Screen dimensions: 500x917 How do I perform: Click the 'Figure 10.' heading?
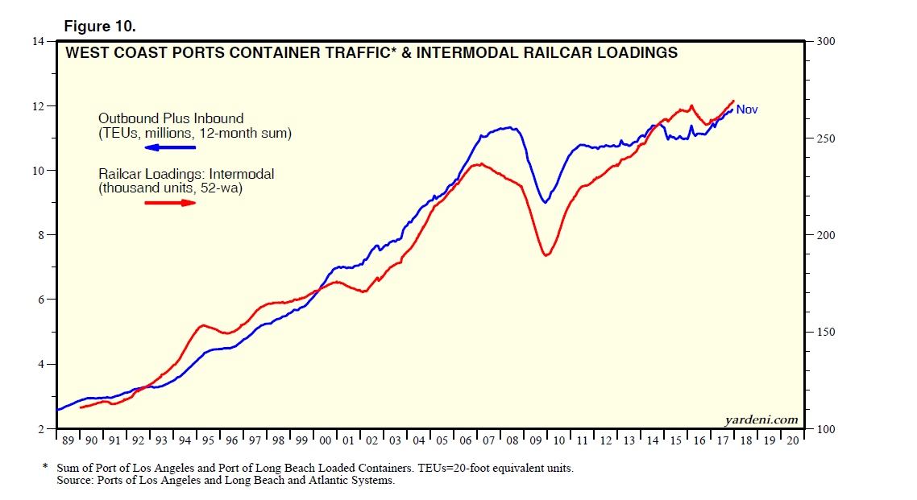click(100, 26)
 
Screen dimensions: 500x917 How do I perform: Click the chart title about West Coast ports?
click(371, 54)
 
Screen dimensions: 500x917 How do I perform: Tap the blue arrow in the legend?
click(170, 147)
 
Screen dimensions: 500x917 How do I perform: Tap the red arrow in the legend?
click(170, 203)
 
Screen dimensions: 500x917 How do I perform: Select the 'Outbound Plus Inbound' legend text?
click(171, 118)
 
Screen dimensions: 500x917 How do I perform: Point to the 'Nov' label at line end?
click(747, 110)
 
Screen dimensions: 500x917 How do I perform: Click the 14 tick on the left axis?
click(38, 41)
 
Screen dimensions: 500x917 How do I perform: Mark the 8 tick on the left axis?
click(41, 235)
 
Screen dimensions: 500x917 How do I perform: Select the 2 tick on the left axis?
click(41, 429)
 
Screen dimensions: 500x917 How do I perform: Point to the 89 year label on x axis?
click(68, 442)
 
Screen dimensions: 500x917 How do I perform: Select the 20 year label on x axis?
click(793, 442)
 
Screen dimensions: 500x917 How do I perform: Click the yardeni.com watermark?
click(761, 419)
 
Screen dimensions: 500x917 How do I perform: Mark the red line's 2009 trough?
click(546, 255)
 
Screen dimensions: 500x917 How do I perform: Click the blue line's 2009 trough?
click(546, 202)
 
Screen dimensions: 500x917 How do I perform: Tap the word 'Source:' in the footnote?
click(76, 481)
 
